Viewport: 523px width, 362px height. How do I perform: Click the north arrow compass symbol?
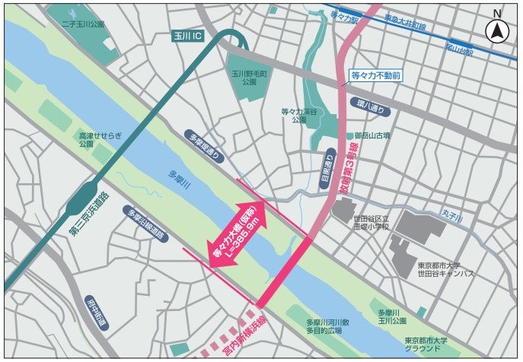(497, 31)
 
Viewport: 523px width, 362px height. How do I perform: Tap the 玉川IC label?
(188, 36)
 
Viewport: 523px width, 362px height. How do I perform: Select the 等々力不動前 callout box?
(374, 76)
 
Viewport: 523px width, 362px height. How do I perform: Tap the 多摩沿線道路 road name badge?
(146, 224)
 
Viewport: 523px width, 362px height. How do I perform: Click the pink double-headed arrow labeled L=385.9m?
(237, 234)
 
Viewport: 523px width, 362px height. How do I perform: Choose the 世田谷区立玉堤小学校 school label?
(371, 221)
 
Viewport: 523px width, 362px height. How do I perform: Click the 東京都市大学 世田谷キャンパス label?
(445, 269)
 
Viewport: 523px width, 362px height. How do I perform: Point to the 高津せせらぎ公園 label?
(95, 137)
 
